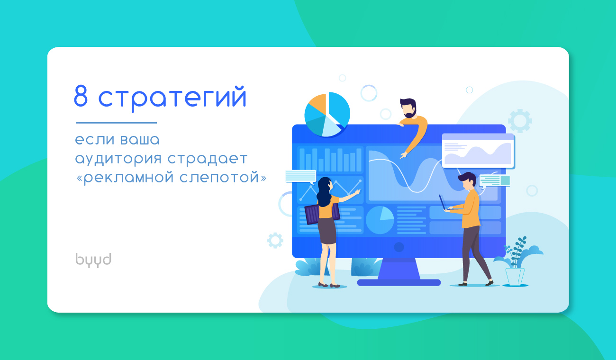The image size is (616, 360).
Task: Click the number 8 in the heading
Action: coord(81,95)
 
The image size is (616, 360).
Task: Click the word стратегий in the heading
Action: coord(172,98)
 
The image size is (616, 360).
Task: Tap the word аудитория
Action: coord(118,159)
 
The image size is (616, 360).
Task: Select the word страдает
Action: coord(208,159)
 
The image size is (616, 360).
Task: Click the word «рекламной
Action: coord(125,178)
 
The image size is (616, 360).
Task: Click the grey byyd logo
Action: coord(93,260)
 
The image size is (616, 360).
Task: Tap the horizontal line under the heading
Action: coord(116,123)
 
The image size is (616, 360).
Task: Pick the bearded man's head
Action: coord(408,108)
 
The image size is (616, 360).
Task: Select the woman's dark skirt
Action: coord(326,231)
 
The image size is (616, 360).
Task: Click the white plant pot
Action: coord(515,277)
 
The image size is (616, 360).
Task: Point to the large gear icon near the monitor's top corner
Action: coord(520,121)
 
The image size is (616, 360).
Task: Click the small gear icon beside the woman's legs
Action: coord(275,241)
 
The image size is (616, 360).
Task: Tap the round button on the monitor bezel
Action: coord(399,247)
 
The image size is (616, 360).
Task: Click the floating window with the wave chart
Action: coord(478,151)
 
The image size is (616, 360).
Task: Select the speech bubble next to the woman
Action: coord(301,177)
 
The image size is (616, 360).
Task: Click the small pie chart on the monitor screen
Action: coord(380,220)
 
